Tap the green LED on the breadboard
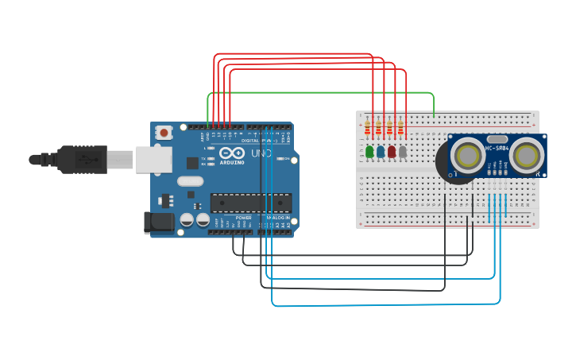point(369,151)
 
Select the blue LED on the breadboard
point(381,151)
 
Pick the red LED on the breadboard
point(392,151)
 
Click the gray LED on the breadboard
point(403,151)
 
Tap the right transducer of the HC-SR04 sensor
point(527,156)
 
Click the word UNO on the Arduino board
point(261,153)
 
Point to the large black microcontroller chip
point(250,203)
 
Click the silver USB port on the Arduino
point(153,159)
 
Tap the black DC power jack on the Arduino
point(158,223)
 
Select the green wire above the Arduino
point(318,93)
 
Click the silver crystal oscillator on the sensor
point(497,138)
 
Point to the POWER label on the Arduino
point(243,217)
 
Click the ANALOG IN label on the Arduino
point(278,217)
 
